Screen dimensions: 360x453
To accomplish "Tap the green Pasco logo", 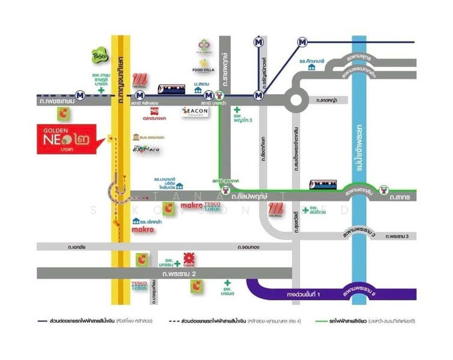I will point(100,55).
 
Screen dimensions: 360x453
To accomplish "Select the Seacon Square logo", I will point(195,112).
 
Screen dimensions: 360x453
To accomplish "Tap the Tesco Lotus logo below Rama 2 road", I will point(140,286).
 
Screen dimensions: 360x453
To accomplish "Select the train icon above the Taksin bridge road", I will point(323,184).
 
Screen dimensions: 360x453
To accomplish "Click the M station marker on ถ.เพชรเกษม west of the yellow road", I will point(80,95).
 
